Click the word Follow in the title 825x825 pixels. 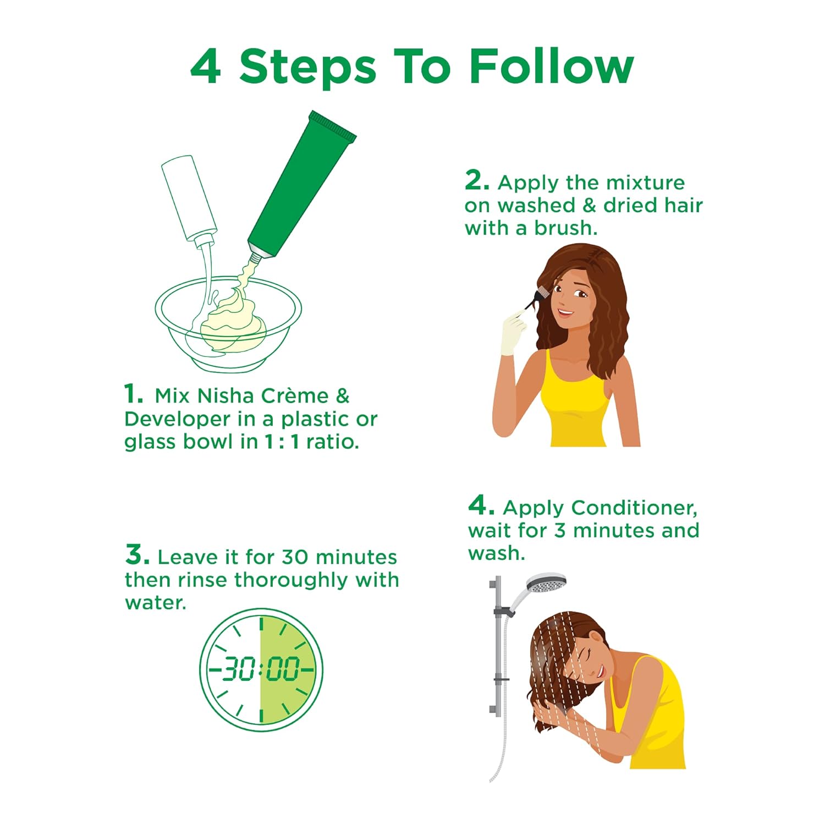[x=551, y=66]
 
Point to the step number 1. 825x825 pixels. [x=133, y=394]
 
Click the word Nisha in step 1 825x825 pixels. [x=226, y=395]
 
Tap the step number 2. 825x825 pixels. [x=476, y=180]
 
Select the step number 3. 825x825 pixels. [x=137, y=554]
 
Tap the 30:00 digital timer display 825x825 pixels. [x=261, y=669]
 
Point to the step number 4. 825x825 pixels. [x=481, y=505]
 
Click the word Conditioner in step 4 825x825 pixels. [x=634, y=508]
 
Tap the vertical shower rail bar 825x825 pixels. [x=497, y=646]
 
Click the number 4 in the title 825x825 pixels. [x=206, y=66]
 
